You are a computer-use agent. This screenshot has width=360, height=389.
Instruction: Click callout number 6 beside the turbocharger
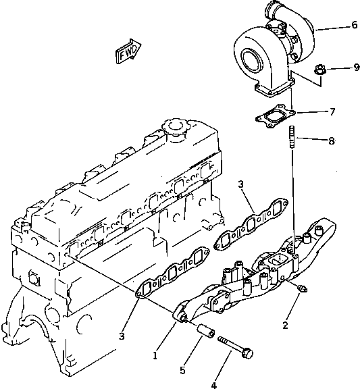coord(354,26)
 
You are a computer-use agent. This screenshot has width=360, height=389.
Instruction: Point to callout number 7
coord(331,111)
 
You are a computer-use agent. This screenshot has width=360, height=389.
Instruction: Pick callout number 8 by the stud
coord(331,140)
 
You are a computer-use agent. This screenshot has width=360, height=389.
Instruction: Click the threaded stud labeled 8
coord(292,139)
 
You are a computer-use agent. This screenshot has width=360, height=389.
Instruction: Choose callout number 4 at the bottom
coord(213,386)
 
